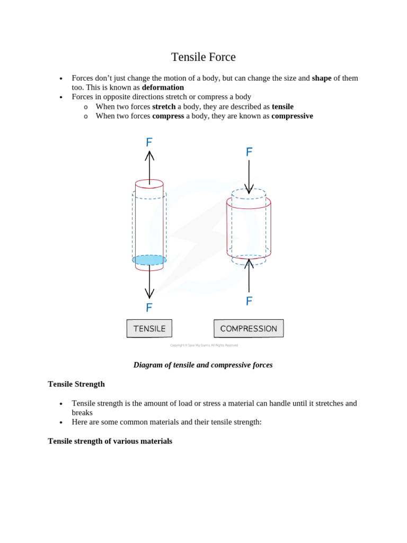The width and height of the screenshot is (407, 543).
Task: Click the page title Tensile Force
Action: click(x=203, y=57)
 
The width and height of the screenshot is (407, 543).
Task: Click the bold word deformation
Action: click(x=163, y=87)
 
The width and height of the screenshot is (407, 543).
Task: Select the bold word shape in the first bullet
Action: click(x=321, y=78)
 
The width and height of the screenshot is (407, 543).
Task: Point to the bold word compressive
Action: click(x=292, y=116)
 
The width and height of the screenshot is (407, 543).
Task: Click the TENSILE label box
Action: click(x=149, y=328)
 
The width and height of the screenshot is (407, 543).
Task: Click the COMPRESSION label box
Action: click(x=249, y=328)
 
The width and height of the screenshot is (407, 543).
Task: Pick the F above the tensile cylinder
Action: click(x=149, y=142)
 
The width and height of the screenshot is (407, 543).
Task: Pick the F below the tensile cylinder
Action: click(x=149, y=308)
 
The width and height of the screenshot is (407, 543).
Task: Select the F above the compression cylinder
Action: click(x=249, y=152)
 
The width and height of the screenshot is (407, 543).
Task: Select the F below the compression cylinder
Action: click(x=249, y=301)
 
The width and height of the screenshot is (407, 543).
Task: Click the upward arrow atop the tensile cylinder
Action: click(x=149, y=167)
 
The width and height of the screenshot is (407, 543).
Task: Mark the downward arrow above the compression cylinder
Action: click(x=249, y=177)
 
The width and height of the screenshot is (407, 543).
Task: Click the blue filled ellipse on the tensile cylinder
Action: click(x=149, y=260)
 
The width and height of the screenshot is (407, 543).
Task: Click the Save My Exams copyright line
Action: click(x=204, y=345)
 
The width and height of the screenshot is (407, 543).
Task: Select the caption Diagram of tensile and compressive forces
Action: click(x=203, y=365)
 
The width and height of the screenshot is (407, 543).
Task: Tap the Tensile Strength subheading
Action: click(x=76, y=384)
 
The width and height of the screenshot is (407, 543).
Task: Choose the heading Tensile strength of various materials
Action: click(x=110, y=441)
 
